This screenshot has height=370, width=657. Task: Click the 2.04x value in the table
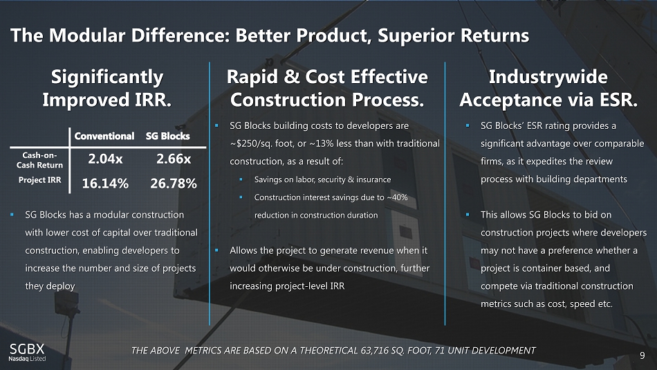[105, 159]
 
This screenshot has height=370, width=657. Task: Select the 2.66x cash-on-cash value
[174, 159]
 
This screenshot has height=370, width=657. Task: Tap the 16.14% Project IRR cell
[105, 183]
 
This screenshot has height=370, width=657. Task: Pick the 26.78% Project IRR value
[174, 183]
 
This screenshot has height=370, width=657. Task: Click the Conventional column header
[104, 136]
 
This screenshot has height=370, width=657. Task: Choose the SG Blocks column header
[167, 136]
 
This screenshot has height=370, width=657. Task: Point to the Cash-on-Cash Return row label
[39, 160]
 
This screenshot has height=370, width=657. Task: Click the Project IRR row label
[40, 180]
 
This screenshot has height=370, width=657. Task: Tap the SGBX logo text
[27, 349]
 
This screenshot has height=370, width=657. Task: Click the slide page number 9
[642, 355]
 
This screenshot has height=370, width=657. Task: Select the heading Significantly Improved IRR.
[107, 88]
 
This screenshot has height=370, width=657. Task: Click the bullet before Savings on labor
[241, 179]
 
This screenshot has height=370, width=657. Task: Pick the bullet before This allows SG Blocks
[468, 215]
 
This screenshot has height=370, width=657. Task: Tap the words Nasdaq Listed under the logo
[27, 359]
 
